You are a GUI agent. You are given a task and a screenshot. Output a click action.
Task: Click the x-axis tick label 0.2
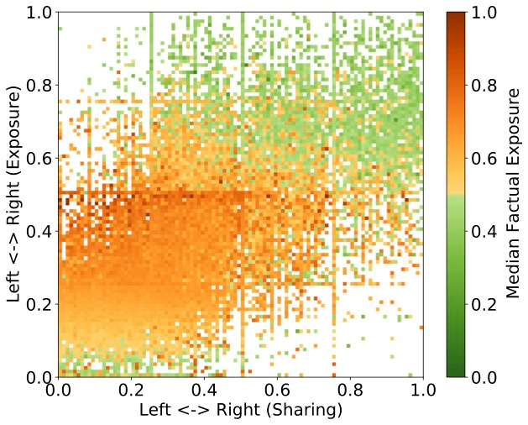click(x=131, y=391)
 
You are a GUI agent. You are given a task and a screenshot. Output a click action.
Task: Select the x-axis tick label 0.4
click(x=204, y=391)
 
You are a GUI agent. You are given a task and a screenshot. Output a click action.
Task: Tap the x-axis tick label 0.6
click(x=277, y=391)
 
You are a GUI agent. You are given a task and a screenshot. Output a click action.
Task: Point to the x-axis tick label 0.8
click(x=350, y=391)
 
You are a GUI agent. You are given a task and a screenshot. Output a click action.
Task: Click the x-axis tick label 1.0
click(x=422, y=391)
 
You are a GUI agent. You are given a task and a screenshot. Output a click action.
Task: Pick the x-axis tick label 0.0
click(x=58, y=391)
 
